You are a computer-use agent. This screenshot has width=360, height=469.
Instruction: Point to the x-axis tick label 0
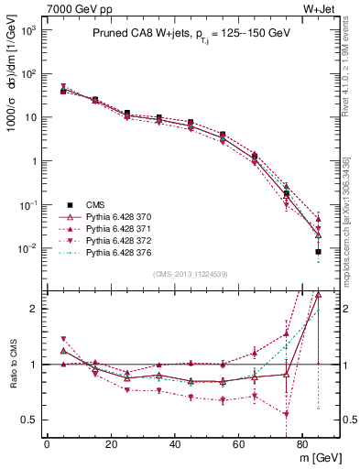click(47, 443)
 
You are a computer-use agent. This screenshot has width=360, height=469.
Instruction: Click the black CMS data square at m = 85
click(318, 252)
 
